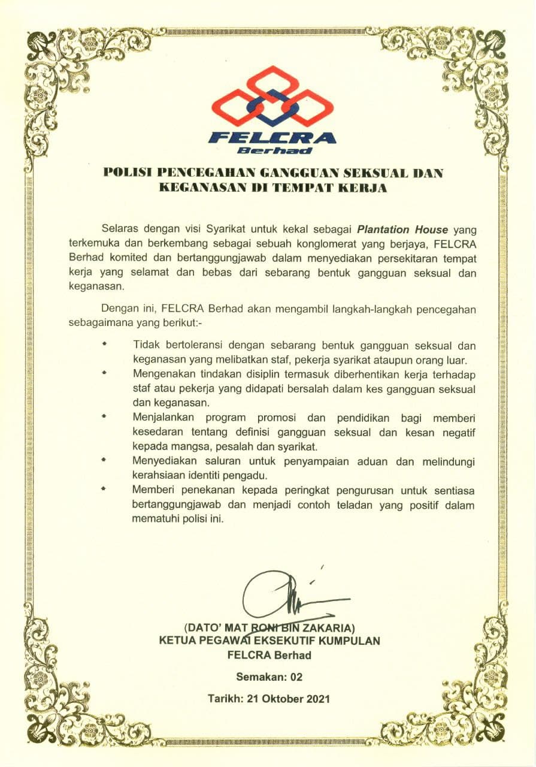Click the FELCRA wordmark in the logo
(272, 137)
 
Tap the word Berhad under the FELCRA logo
(274, 150)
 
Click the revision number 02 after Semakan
(296, 677)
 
